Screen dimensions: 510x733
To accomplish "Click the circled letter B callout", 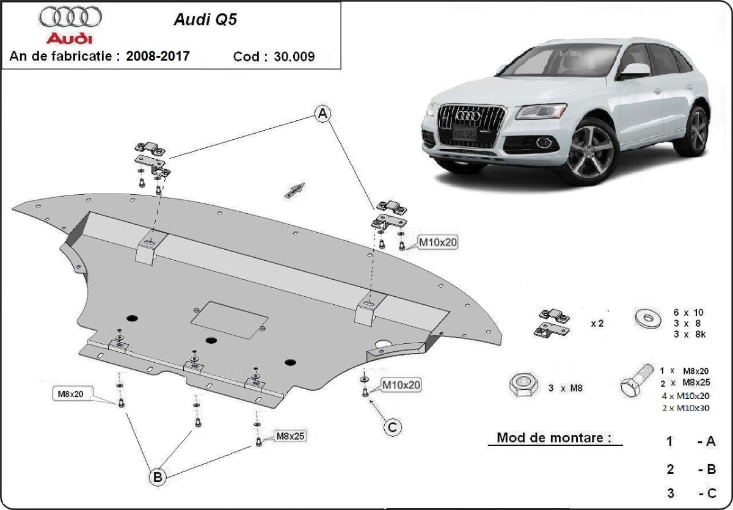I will tap(158, 478).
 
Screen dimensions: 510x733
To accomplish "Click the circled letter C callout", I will tap(392, 427).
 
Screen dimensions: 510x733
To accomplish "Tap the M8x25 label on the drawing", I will tap(291, 436).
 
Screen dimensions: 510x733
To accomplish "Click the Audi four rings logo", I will tap(70, 16).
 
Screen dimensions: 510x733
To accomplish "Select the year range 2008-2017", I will tap(158, 56).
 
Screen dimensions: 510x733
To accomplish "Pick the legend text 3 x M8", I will tap(565, 388).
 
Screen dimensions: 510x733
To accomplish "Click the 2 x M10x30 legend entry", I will tap(685, 409).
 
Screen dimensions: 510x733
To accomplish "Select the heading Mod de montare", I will tap(553, 437).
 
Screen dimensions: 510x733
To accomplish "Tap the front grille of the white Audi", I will tap(472, 125).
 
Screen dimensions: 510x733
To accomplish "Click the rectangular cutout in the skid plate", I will tap(230, 319).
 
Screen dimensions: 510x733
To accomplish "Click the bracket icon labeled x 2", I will tap(553, 323).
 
